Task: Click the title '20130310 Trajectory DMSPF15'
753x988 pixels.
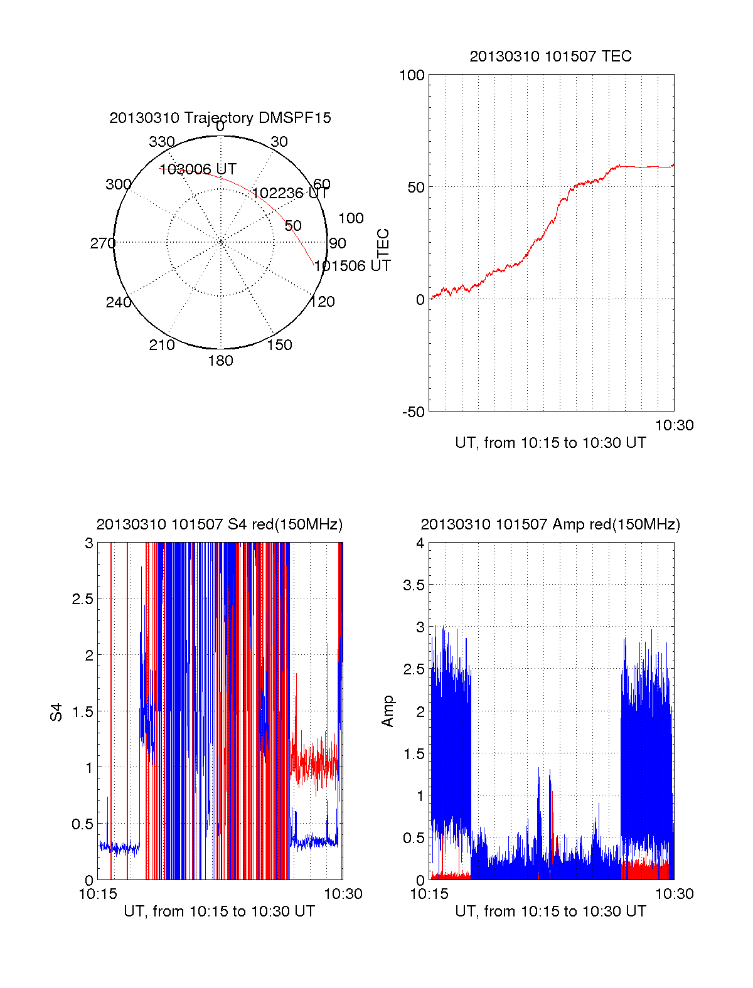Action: click(x=220, y=118)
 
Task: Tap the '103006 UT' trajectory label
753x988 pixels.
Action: click(x=198, y=169)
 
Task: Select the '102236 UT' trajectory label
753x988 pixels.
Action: click(x=290, y=193)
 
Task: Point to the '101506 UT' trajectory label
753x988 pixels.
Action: click(x=352, y=266)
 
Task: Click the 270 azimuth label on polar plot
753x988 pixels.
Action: click(x=102, y=243)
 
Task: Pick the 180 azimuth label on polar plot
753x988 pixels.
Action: click(x=220, y=361)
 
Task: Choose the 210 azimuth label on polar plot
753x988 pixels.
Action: click(x=161, y=345)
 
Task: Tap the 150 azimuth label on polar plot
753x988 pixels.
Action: click(x=279, y=345)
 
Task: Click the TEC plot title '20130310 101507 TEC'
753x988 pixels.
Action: click(x=550, y=56)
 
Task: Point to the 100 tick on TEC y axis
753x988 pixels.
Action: click(x=412, y=75)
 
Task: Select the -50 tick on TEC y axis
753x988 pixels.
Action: click(x=413, y=412)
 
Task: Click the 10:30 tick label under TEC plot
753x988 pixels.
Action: click(x=675, y=426)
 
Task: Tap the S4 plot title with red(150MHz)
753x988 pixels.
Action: click(x=220, y=524)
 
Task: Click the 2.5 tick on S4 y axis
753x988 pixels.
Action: click(x=83, y=599)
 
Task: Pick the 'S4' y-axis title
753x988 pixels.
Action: click(x=56, y=712)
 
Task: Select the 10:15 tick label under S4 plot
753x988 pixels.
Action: click(x=97, y=895)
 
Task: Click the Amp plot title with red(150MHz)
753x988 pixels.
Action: click(x=550, y=524)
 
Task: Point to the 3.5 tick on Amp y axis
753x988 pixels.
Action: click(x=414, y=585)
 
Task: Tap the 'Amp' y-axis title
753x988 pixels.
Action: click(x=388, y=711)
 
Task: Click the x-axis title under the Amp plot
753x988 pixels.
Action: click(x=550, y=911)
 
